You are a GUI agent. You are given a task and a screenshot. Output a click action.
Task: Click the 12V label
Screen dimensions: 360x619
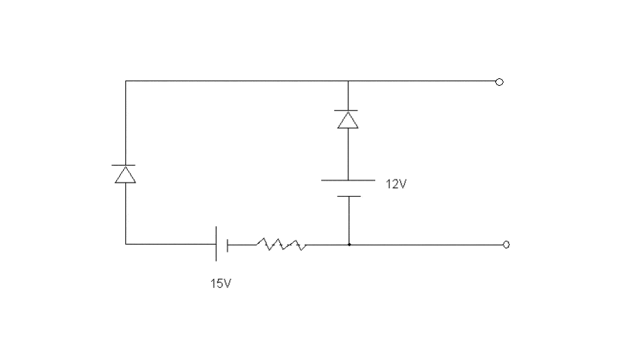point(395,184)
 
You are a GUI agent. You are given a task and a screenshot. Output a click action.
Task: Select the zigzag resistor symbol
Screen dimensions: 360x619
point(281,245)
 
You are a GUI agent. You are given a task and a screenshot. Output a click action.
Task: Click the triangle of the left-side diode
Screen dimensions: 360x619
point(125,176)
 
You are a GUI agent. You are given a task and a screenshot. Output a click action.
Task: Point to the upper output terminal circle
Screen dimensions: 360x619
point(499,81)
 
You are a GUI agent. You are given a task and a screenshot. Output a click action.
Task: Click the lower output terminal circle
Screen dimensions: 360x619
point(506,245)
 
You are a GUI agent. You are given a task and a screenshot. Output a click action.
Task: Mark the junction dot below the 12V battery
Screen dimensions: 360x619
point(349,245)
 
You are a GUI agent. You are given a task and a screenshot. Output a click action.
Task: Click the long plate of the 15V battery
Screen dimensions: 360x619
point(216,245)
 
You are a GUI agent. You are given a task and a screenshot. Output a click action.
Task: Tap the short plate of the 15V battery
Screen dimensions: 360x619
point(227,245)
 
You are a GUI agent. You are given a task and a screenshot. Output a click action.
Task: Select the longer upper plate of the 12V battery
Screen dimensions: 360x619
point(348,180)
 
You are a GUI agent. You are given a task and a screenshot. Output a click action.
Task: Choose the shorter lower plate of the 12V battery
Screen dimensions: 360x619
point(348,196)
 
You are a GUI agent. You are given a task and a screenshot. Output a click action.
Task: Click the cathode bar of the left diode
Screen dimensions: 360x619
point(125,166)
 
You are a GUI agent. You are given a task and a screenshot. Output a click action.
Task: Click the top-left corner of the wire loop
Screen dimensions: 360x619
point(125,81)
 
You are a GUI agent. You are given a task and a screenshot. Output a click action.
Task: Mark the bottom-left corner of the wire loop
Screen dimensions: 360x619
point(125,244)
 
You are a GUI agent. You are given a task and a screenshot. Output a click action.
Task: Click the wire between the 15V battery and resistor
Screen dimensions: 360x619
point(241,245)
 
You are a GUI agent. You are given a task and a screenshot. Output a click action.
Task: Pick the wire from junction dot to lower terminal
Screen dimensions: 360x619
point(426,245)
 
